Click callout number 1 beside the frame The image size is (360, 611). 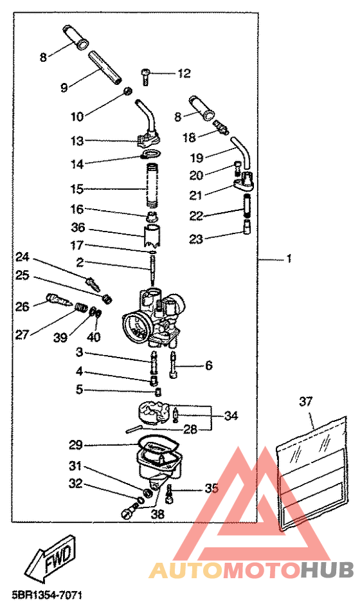(x=289, y=259)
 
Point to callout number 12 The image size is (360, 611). (x=184, y=73)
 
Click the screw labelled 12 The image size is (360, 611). (x=146, y=77)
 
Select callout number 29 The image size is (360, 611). (x=76, y=444)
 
